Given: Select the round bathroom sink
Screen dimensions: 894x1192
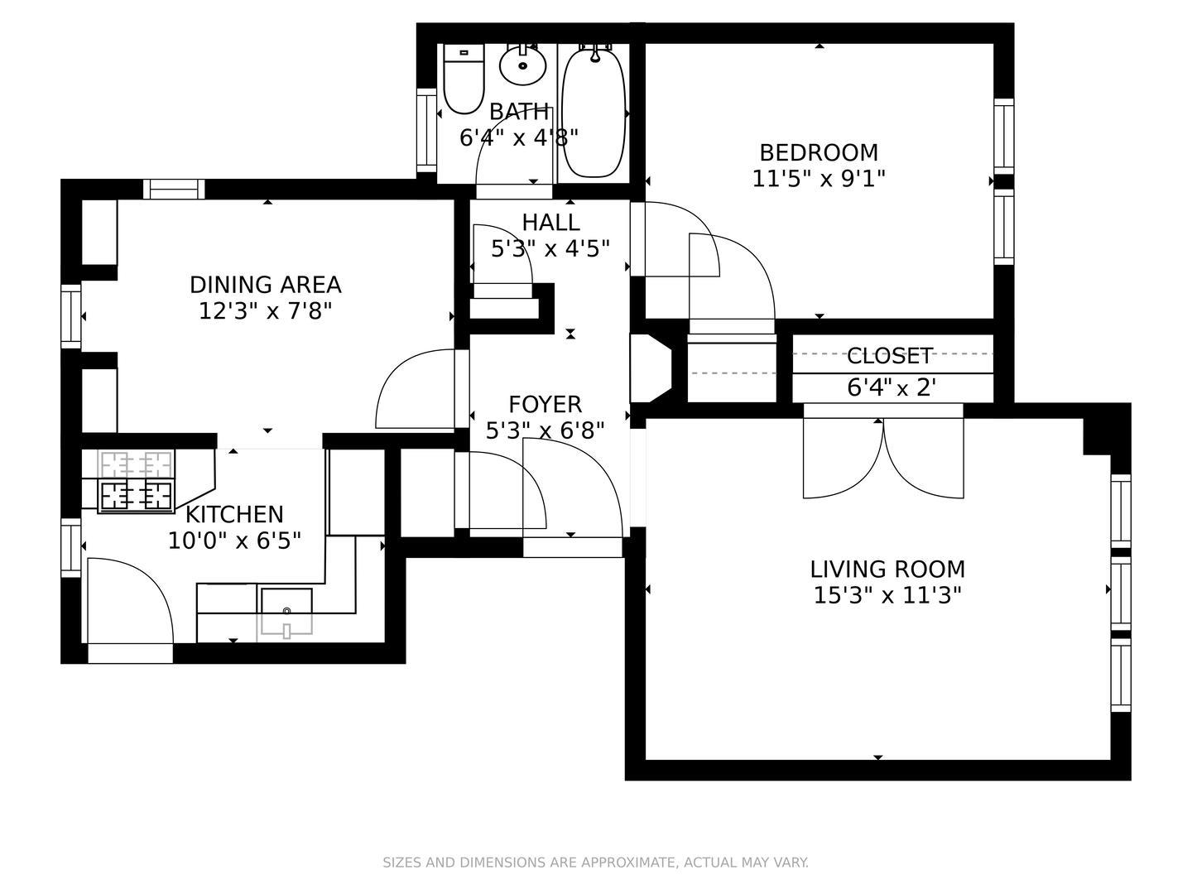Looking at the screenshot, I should [x=523, y=65].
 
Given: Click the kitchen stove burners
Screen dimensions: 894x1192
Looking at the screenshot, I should [x=137, y=495].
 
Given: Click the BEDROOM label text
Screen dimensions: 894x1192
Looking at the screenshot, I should [x=819, y=153].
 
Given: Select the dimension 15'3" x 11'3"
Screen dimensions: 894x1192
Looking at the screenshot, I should [x=887, y=596].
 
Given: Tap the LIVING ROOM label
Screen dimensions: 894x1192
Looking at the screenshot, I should [x=887, y=570].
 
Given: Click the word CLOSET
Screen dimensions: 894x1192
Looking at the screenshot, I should [x=890, y=356].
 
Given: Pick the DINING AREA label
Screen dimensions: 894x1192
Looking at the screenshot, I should [x=266, y=285].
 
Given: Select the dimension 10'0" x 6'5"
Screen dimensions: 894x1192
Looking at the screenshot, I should [x=234, y=541].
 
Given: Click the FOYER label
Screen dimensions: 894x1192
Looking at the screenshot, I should [x=545, y=405].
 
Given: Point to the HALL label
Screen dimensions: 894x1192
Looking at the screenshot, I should [x=550, y=223].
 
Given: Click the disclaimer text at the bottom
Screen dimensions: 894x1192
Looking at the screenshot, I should [x=595, y=863].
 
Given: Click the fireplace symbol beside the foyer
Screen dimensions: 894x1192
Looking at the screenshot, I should [x=651, y=368].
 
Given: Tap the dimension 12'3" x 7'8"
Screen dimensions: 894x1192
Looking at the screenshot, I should [x=266, y=311].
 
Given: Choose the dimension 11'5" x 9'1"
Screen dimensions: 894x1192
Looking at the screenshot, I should [x=819, y=179].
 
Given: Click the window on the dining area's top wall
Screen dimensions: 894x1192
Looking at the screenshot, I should [x=174, y=190].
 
